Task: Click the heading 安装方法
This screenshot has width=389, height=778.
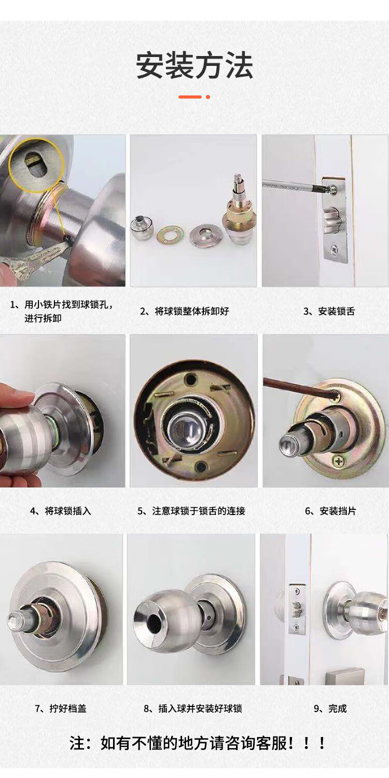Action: pos(194,65)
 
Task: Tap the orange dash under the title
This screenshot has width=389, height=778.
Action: pos(190,97)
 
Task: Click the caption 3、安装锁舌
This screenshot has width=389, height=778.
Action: pos(329,311)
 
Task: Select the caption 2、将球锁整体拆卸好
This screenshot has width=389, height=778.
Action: pos(185,311)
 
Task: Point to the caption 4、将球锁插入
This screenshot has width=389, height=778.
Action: pos(61,511)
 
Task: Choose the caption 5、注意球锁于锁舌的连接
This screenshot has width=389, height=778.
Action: pos(191,511)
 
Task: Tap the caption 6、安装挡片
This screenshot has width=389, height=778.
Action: pos(330,511)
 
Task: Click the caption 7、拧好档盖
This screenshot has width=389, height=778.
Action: pos(61,708)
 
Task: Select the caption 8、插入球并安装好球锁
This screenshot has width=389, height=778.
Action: pos(193,708)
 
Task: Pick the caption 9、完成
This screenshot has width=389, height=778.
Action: pos(330,708)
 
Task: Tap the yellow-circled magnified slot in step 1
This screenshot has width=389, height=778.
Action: pos(36,165)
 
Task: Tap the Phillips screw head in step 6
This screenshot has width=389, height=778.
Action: pos(339,461)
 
